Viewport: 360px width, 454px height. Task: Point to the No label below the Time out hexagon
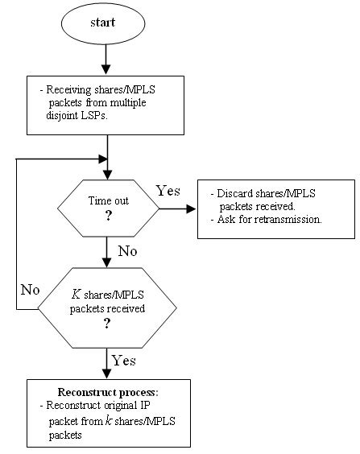point(127,251)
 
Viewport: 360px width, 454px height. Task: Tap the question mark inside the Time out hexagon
point(108,217)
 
